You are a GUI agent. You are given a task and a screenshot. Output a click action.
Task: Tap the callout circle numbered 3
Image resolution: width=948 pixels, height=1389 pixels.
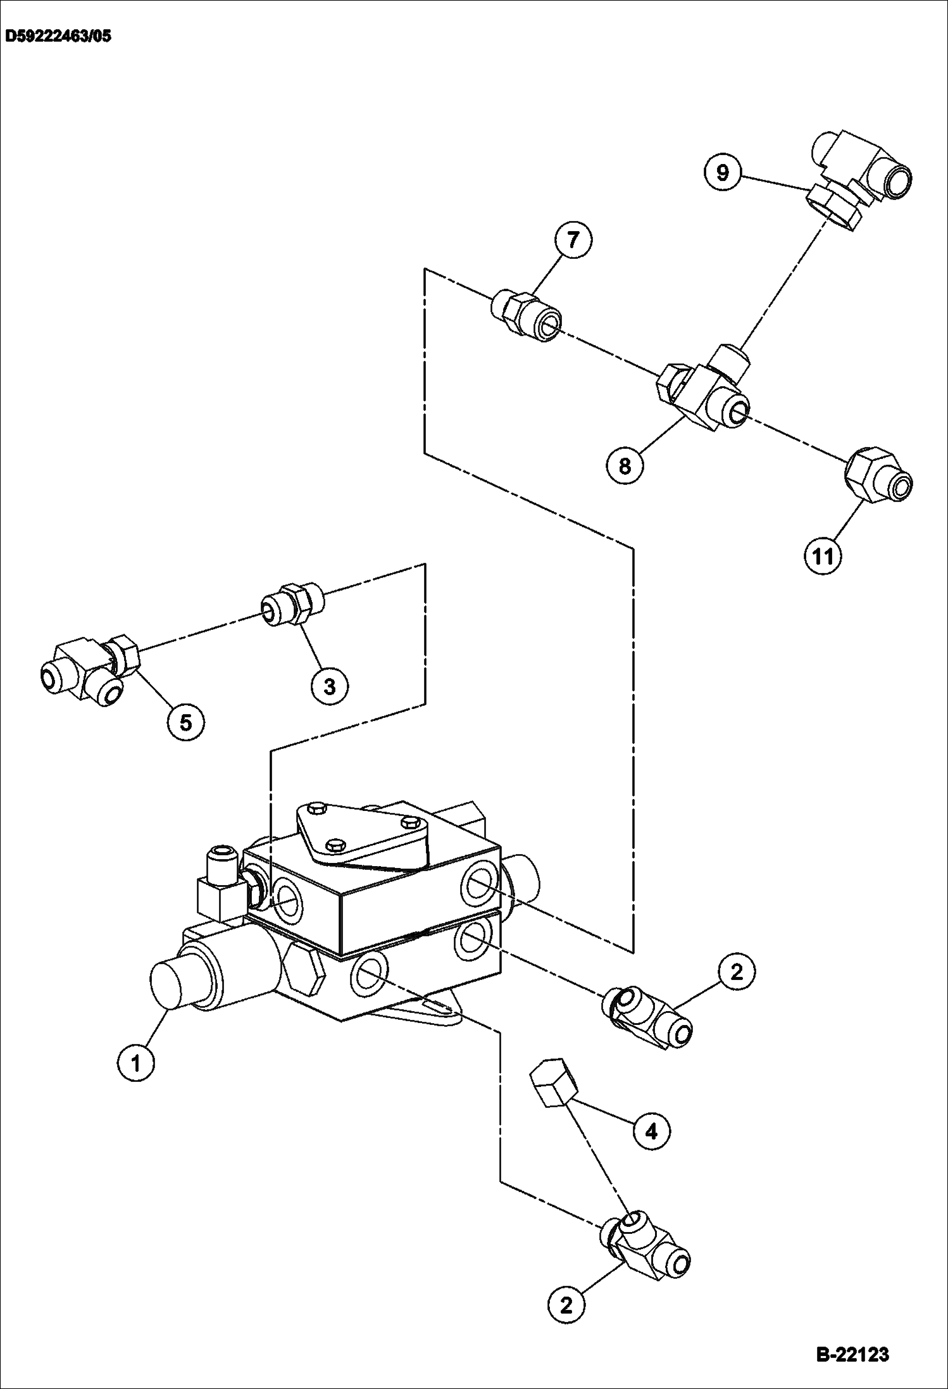point(330,686)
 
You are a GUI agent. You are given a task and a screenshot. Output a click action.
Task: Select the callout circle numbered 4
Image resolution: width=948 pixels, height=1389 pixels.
point(651,1131)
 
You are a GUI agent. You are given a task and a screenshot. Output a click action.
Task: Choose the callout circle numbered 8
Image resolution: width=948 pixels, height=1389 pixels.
point(625,467)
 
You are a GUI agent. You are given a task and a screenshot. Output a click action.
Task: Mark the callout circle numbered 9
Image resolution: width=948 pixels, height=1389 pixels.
point(723,172)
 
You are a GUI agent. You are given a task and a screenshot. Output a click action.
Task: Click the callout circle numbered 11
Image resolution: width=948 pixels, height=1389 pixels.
point(823,556)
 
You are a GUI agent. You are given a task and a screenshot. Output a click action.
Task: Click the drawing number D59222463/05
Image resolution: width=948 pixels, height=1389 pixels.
point(58,36)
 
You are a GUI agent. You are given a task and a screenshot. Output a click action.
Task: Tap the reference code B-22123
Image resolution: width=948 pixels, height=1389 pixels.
point(852,1355)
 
